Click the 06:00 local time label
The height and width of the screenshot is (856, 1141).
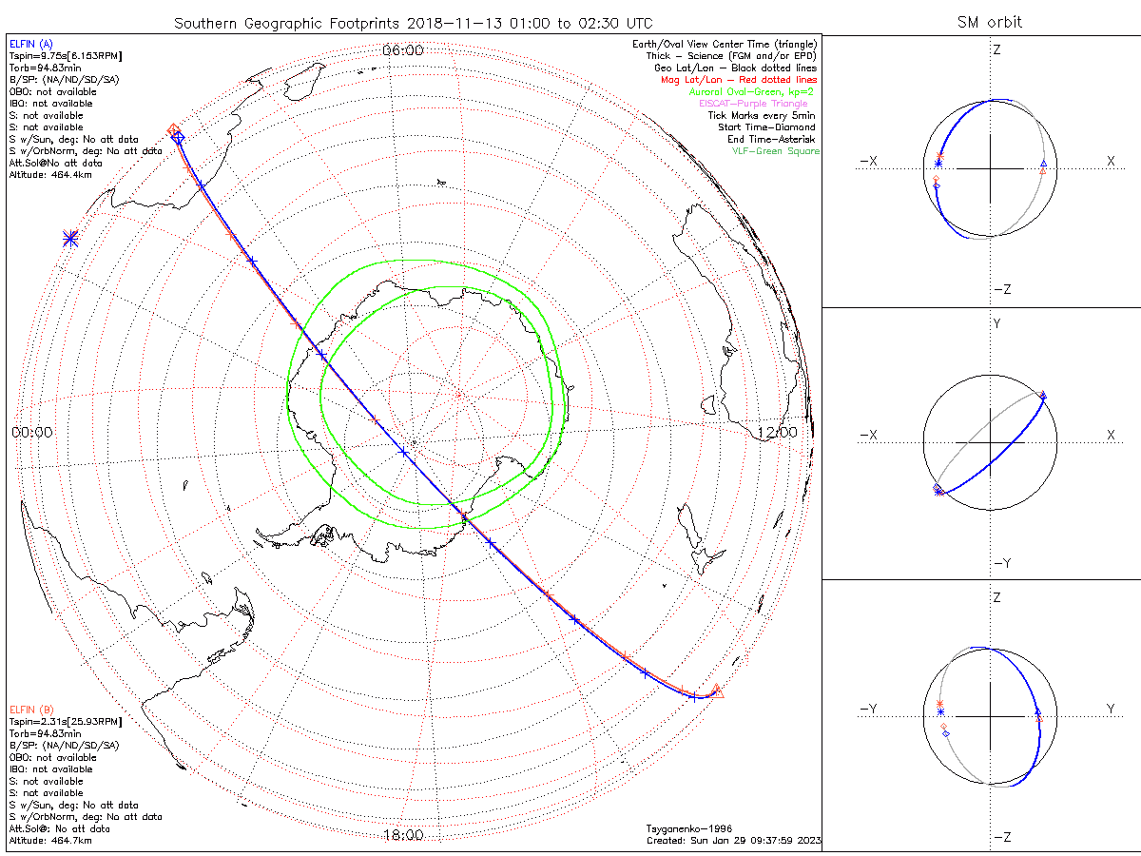tap(402, 50)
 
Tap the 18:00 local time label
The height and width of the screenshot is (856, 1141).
tap(402, 835)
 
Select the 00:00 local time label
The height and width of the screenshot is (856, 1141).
tap(32, 432)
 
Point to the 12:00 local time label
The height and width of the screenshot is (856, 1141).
tap(778, 432)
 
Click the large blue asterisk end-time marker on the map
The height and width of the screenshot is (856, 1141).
tap(70, 239)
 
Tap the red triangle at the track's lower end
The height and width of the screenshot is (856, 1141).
tap(717, 691)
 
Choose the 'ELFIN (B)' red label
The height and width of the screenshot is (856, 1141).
tap(31, 710)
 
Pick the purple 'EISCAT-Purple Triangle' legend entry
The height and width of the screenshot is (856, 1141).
tap(753, 104)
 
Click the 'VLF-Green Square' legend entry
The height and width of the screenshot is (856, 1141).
tap(775, 151)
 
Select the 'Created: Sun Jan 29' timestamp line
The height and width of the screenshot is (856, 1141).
tap(732, 841)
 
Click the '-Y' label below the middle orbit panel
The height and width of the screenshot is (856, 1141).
tap(1000, 563)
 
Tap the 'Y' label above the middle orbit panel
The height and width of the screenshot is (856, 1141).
tap(996, 324)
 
